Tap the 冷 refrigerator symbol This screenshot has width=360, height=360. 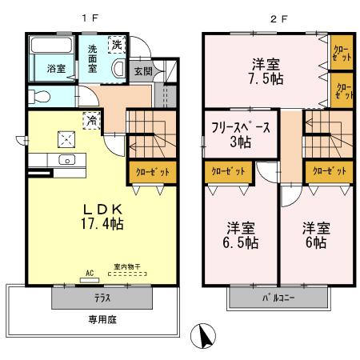point(93,121)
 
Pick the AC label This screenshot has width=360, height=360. point(89,273)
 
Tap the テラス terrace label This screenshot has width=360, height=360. point(102,298)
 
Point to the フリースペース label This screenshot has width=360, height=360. point(241,127)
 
